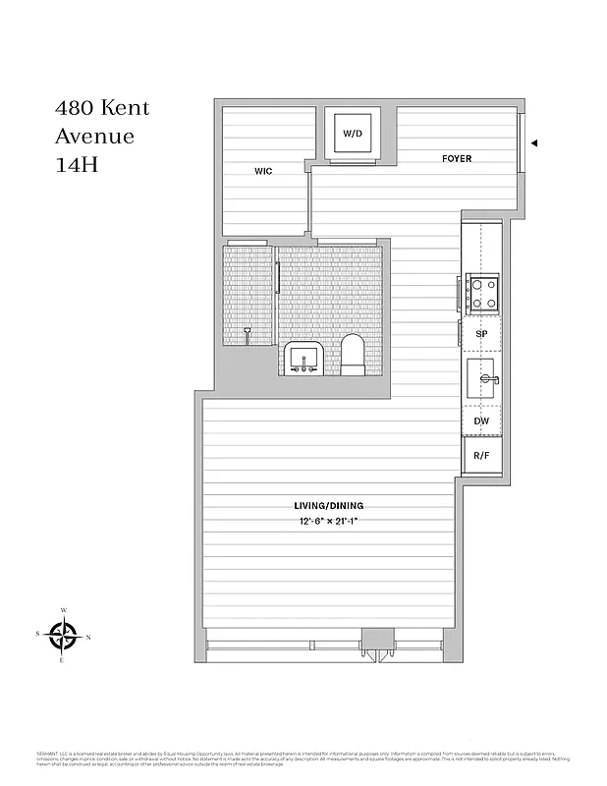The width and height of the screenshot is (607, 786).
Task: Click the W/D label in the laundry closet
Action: coord(351,134)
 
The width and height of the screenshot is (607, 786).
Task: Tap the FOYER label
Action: coord(457,158)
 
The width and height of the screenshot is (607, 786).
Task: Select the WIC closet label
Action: coord(263,171)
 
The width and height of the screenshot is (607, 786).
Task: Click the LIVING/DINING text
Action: coord(335,506)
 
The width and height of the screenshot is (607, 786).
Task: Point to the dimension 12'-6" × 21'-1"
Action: coord(335,521)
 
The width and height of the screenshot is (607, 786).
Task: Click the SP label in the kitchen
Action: coord(481,334)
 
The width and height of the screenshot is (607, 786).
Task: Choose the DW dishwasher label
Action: coord(481,421)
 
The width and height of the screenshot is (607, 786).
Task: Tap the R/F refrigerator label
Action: coord(481,456)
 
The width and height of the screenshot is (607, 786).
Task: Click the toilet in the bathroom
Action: coord(353,355)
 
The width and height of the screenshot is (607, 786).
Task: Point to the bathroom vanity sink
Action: coord(303,358)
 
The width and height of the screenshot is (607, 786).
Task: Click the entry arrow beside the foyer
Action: coord(534,143)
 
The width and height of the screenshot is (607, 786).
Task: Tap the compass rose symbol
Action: coord(64,636)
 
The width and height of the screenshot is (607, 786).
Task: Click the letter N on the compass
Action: coord(88,638)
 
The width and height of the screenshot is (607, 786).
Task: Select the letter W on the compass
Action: coord(64,610)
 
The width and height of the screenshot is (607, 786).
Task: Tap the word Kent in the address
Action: coord(125,108)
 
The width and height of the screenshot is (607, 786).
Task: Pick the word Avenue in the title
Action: coord(94,137)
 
